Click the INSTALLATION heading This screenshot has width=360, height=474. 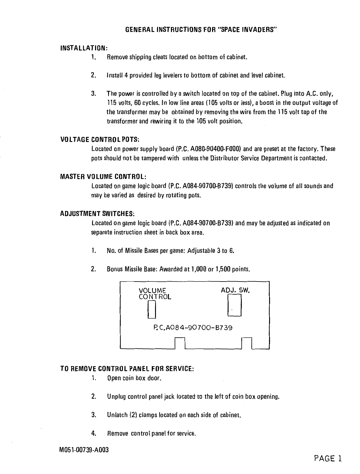tap(84, 48)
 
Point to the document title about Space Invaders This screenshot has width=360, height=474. tap(201, 30)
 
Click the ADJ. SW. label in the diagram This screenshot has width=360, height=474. tap(236, 290)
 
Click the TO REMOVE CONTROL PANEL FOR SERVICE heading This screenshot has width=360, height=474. tap(127, 369)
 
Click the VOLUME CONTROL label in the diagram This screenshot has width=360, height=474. tap(155, 293)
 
